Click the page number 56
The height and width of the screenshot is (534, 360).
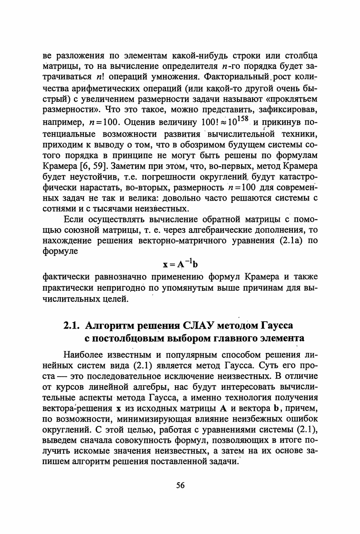tap(180, 485)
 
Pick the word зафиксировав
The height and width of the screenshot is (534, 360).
tap(291, 110)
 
